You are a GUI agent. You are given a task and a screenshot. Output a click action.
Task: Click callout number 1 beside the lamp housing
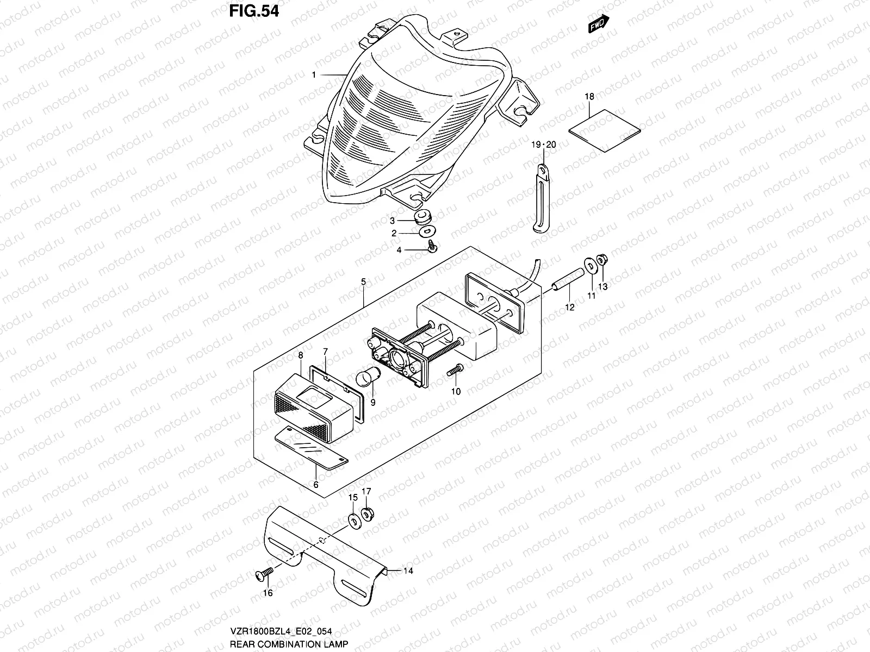click(314, 75)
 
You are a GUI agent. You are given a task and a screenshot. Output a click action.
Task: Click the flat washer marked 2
click(426, 233)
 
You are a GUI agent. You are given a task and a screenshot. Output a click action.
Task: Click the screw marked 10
click(455, 372)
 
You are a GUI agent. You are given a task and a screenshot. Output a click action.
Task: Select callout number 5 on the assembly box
click(363, 282)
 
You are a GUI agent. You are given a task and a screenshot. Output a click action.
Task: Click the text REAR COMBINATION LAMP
click(288, 644)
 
